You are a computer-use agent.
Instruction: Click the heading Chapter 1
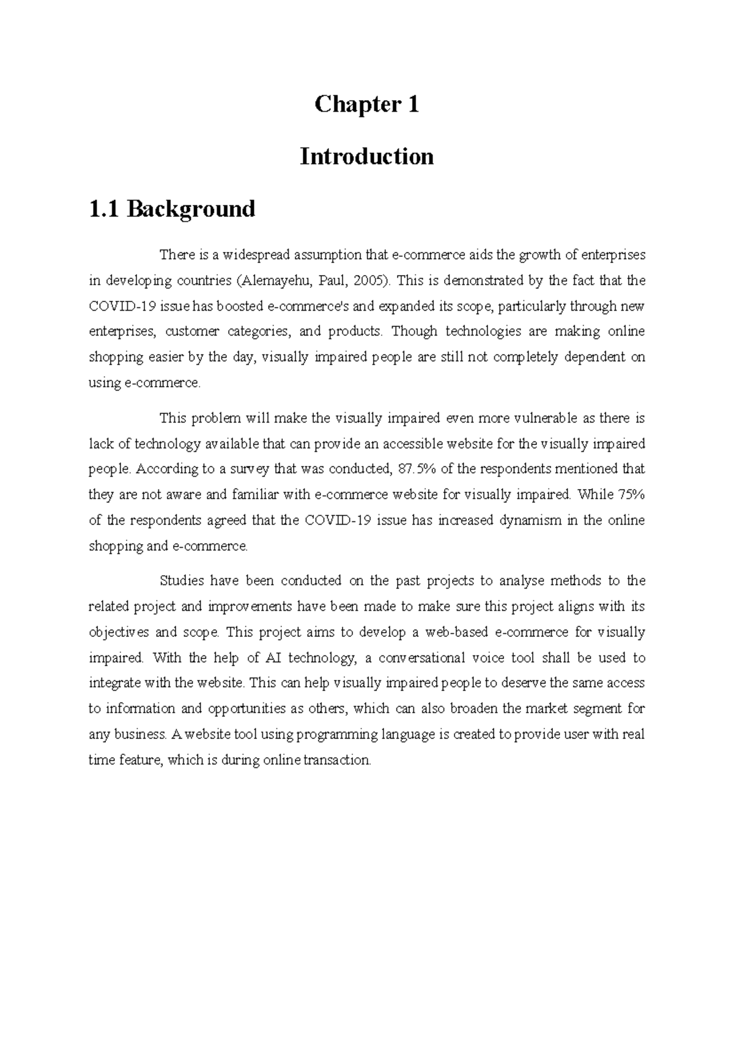click(x=366, y=105)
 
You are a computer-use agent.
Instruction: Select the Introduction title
click(x=366, y=156)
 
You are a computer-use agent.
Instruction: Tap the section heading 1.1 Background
click(x=172, y=209)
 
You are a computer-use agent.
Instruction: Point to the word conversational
click(x=421, y=658)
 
